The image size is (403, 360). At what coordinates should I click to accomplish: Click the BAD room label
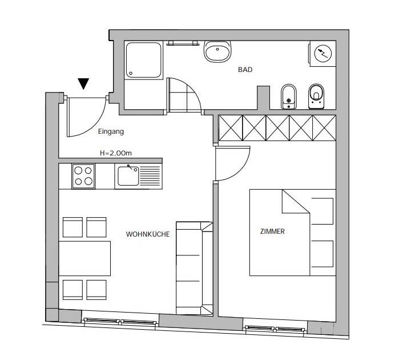pyautogui.click(x=245, y=70)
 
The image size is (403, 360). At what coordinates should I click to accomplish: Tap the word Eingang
pyautogui.click(x=111, y=132)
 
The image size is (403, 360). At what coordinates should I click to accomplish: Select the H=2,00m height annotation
pyautogui.click(x=116, y=153)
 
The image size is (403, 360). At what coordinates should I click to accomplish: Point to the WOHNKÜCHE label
pyautogui.click(x=148, y=234)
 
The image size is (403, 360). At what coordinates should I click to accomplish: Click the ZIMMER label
pyautogui.click(x=272, y=231)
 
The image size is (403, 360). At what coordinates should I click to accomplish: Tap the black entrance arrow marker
pyautogui.click(x=83, y=83)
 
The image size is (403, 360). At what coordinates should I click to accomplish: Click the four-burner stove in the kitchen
pyautogui.click(x=83, y=176)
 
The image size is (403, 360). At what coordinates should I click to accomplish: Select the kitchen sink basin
pyautogui.click(x=128, y=176)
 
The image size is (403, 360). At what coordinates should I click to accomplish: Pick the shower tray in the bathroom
pyautogui.click(x=144, y=60)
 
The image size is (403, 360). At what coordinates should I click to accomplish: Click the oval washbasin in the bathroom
pyautogui.click(x=217, y=51)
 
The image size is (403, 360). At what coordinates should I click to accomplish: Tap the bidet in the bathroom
pyautogui.click(x=289, y=97)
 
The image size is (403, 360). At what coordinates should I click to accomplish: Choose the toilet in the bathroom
pyautogui.click(x=316, y=97)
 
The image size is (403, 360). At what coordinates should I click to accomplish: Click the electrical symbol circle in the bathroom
pyautogui.click(x=323, y=54)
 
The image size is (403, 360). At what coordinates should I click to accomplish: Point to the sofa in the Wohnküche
pyautogui.click(x=195, y=268)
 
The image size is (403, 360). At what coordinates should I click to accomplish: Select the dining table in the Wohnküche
pyautogui.click(x=84, y=258)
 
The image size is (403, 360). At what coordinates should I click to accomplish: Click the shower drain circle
pyautogui.click(x=131, y=73)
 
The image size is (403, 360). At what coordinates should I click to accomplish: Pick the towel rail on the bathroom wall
pyautogui.click(x=183, y=43)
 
